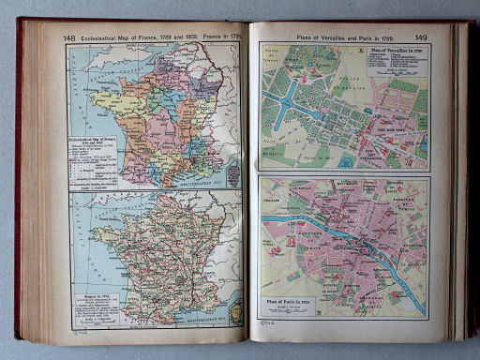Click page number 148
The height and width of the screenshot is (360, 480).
[69, 37]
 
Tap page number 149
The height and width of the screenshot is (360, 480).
[421, 37]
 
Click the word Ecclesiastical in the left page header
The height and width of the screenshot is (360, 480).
[106, 37]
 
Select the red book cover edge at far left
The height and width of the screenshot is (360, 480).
[18, 178]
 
